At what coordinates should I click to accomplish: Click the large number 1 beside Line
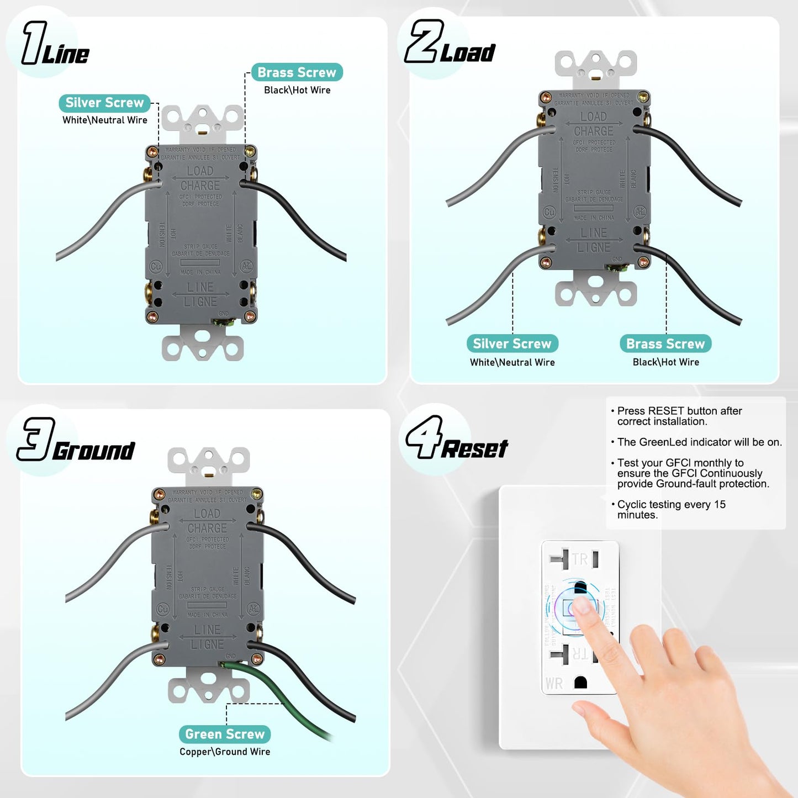pyautogui.click(x=33, y=43)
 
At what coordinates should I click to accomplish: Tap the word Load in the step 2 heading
pyautogui.click(x=467, y=54)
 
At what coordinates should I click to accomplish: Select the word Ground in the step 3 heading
pyautogui.click(x=94, y=451)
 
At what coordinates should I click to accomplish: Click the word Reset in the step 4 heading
pyautogui.click(x=474, y=449)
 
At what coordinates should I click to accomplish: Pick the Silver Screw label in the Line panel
pyautogui.click(x=104, y=103)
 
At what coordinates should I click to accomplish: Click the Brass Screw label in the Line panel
pyautogui.click(x=297, y=72)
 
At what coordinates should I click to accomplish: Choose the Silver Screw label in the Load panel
pyautogui.click(x=512, y=343)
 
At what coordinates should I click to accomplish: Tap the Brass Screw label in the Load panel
pyautogui.click(x=665, y=343)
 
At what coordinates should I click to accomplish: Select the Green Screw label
pyautogui.click(x=225, y=734)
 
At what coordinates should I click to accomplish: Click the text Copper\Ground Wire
pyautogui.click(x=225, y=752)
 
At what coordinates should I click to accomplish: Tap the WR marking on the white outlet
pyautogui.click(x=554, y=684)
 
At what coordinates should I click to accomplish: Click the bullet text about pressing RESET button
pyautogui.click(x=679, y=416)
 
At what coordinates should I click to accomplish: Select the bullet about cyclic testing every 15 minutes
pyautogui.click(x=670, y=509)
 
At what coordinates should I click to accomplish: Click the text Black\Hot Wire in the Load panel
pyautogui.click(x=665, y=362)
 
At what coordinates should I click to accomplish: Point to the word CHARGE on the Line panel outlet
pyautogui.click(x=200, y=186)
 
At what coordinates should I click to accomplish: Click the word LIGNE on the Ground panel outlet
pyautogui.click(x=207, y=644)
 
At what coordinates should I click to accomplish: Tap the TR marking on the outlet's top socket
pyautogui.click(x=579, y=559)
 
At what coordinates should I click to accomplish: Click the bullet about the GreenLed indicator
pyautogui.click(x=699, y=442)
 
